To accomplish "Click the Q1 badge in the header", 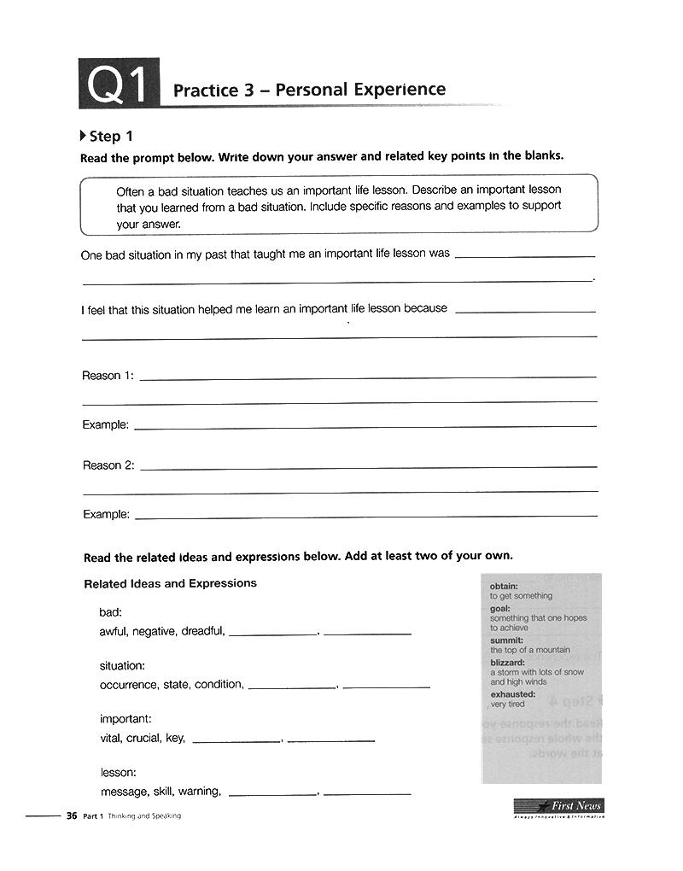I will [x=119, y=85].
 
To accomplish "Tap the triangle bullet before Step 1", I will [x=83, y=136].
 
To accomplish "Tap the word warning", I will [x=200, y=791].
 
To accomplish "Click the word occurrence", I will [x=129, y=684].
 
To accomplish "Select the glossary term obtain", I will [x=505, y=587].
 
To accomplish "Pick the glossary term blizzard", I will [x=508, y=663].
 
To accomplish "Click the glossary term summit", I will [x=507, y=640].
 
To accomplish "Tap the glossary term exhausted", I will [x=513, y=694].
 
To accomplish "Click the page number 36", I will [x=72, y=815].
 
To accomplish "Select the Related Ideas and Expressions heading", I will [x=170, y=584].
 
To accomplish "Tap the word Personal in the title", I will [x=310, y=90].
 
